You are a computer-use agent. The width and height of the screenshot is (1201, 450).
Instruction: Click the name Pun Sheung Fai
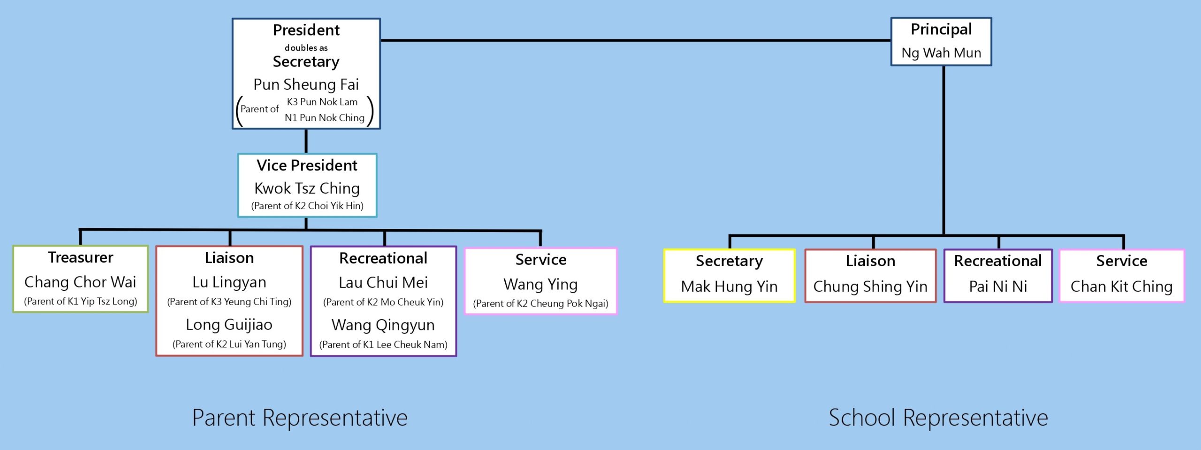pyautogui.click(x=306, y=84)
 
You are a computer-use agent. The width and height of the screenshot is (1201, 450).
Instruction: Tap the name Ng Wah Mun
pyautogui.click(x=941, y=53)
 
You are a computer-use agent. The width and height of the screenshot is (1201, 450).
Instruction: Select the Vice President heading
pyautogui.click(x=307, y=166)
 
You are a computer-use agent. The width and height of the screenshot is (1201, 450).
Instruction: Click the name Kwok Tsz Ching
pyautogui.click(x=307, y=189)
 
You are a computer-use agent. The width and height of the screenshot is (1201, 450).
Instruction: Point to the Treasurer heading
pyautogui.click(x=81, y=258)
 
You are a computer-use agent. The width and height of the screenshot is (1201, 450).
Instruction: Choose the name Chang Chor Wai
pyautogui.click(x=80, y=282)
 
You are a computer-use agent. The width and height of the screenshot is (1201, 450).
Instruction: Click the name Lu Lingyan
pyautogui.click(x=229, y=282)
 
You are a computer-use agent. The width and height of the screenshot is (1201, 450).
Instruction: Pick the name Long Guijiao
pyautogui.click(x=229, y=325)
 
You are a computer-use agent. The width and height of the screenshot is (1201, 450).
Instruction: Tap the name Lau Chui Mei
pyautogui.click(x=383, y=282)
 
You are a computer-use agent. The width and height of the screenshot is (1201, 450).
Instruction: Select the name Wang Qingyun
pyautogui.click(x=383, y=325)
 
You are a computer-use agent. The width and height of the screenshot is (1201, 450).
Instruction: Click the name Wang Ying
pyautogui.click(x=540, y=284)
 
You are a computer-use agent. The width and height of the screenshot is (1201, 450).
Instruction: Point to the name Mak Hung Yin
pyautogui.click(x=729, y=286)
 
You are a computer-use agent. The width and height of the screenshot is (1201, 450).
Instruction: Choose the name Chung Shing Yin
pyautogui.click(x=870, y=286)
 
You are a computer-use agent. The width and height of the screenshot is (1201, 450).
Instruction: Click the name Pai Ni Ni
pyautogui.click(x=998, y=286)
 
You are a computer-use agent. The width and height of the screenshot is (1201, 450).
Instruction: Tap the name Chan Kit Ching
pyautogui.click(x=1121, y=286)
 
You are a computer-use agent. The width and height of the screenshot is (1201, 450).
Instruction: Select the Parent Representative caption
pyautogui.click(x=300, y=418)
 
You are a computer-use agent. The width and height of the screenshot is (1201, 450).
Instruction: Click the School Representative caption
pyautogui.click(x=938, y=418)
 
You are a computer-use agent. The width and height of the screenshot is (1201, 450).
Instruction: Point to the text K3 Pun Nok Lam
pyautogui.click(x=322, y=102)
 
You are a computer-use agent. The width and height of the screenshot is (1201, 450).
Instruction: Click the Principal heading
pyautogui.click(x=941, y=30)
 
